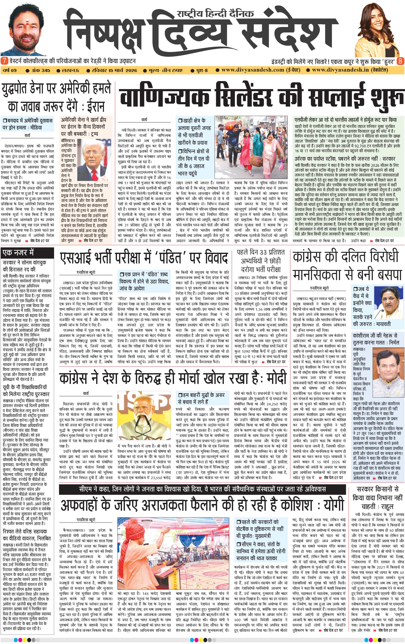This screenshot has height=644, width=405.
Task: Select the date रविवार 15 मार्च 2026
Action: point(112,70)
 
